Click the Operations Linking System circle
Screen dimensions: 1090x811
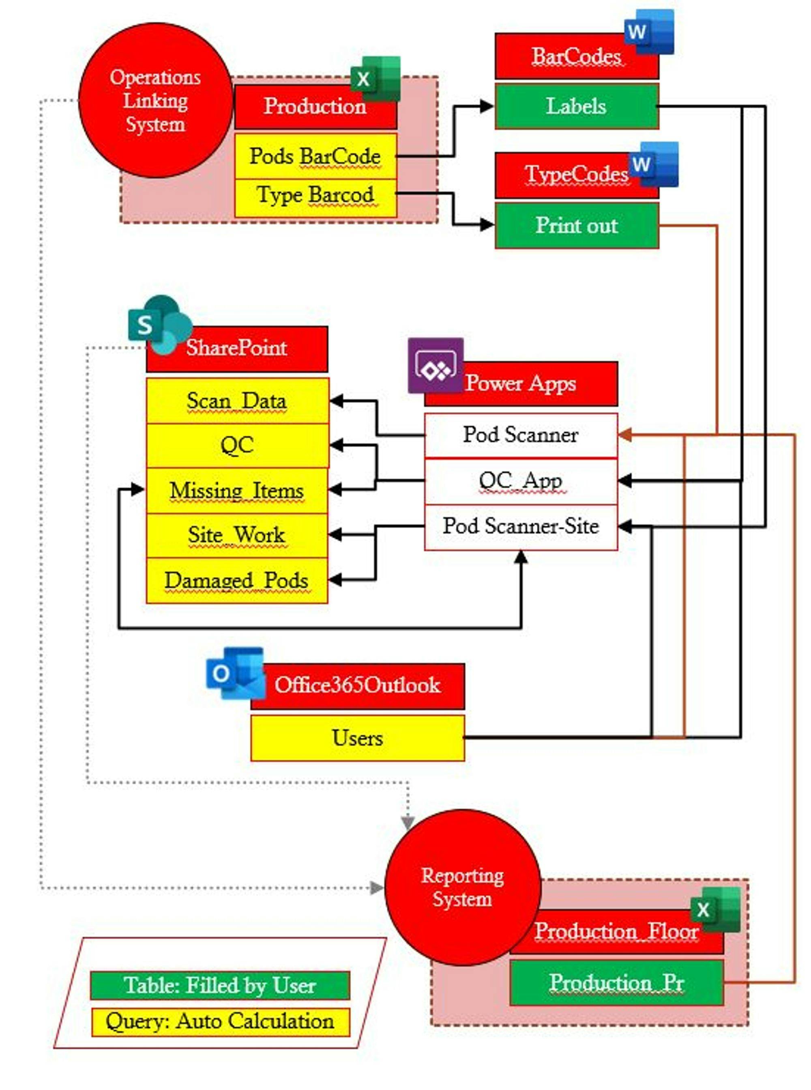click(x=155, y=100)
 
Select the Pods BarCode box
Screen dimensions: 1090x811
click(x=315, y=156)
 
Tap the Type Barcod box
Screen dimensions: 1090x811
click(x=315, y=196)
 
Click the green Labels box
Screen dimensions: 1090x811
click(x=576, y=106)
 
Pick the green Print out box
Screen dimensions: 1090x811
click(x=576, y=226)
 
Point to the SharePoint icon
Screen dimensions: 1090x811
click(x=159, y=324)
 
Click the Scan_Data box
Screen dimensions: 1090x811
click(x=237, y=401)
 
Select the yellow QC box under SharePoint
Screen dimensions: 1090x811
click(x=237, y=446)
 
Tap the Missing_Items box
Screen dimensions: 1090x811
click(x=237, y=491)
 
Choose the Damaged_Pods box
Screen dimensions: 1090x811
click(x=237, y=581)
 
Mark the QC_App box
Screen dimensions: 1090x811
click(x=520, y=481)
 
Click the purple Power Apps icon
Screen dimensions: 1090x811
click(x=436, y=366)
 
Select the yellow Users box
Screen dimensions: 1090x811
click(x=357, y=738)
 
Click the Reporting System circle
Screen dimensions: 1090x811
click(x=462, y=887)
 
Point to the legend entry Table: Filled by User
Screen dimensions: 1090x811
click(x=220, y=985)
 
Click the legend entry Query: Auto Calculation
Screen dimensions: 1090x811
click(x=220, y=1022)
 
